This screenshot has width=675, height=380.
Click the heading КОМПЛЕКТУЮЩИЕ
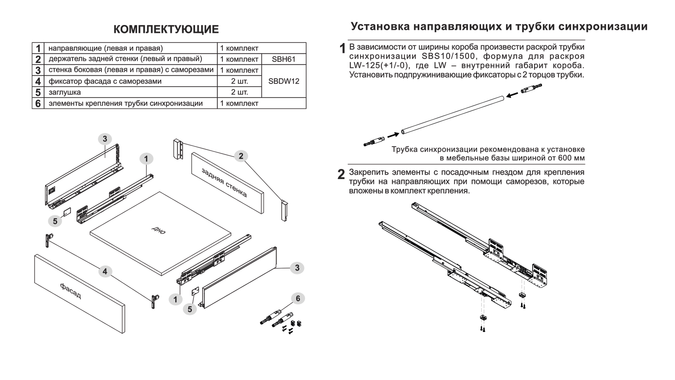click(166, 30)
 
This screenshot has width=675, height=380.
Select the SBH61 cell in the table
click(283, 59)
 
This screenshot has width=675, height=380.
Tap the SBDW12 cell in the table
click(283, 81)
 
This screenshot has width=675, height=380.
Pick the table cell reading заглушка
click(65, 93)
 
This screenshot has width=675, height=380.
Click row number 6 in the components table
click(38, 103)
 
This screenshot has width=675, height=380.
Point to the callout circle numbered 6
click(298, 299)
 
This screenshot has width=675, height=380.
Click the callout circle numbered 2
click(241, 156)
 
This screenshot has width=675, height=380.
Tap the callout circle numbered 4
click(105, 272)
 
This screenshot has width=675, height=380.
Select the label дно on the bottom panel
click(159, 230)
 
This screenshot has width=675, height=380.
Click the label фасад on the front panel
click(71, 291)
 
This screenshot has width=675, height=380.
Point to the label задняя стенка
click(224, 182)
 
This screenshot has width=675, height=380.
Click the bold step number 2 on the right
click(341, 175)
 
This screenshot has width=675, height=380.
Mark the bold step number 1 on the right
click(342, 49)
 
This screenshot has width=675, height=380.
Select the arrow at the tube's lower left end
click(393, 135)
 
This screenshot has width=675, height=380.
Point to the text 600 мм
click(571, 158)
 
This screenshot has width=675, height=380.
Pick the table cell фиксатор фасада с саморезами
click(105, 82)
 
